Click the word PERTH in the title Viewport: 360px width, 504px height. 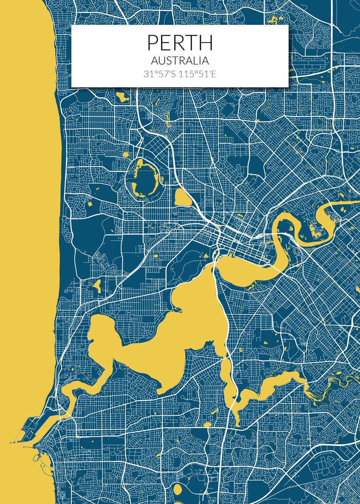pyautogui.click(x=180, y=43)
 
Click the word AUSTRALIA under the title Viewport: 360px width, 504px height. pyautogui.click(x=180, y=61)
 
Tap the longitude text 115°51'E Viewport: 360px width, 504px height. pyautogui.click(x=198, y=74)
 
